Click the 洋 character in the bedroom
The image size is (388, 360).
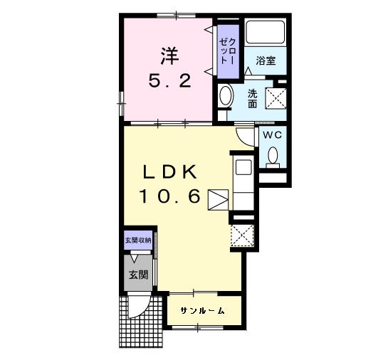(169, 56)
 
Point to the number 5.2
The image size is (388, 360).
(170, 81)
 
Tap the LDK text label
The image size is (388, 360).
(170, 171)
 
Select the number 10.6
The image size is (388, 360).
(170, 196)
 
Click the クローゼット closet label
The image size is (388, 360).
(228, 51)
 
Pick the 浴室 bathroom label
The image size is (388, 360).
(266, 60)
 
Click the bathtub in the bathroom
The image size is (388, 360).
(266, 31)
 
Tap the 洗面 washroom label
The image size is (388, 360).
(253, 98)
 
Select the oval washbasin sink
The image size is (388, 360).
(226, 95)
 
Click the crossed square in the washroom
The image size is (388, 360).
(276, 98)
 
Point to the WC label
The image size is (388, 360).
(272, 134)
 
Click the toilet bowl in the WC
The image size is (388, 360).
(273, 156)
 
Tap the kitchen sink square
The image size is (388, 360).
(243, 167)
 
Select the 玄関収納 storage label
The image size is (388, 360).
(138, 240)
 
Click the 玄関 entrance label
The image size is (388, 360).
(138, 275)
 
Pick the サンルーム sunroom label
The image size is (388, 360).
(203, 310)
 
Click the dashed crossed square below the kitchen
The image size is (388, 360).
(242, 235)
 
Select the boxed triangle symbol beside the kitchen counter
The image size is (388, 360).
(218, 200)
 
